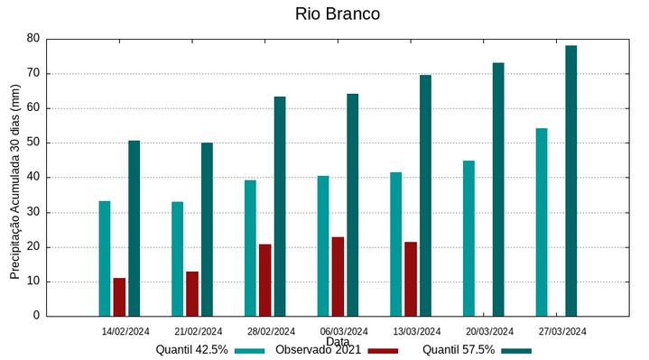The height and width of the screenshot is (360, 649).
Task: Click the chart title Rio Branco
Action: [x=337, y=14]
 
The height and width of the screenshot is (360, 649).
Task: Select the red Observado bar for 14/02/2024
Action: [x=119, y=297]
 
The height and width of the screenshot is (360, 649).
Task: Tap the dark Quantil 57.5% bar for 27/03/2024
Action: [x=570, y=180]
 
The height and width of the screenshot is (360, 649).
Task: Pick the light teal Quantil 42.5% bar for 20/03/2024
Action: [x=468, y=238]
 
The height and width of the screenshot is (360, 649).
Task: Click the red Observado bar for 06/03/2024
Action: [x=338, y=276]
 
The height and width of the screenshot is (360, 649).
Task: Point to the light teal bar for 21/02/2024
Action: [x=178, y=259]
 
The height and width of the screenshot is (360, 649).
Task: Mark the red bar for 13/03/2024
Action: [x=411, y=279]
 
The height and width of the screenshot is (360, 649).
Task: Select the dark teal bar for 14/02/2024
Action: [x=134, y=228]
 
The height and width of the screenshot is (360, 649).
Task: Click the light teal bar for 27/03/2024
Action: [x=542, y=222]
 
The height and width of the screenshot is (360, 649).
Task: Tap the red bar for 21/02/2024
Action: [x=192, y=293]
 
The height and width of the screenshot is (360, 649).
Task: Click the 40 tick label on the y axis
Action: [x=33, y=178]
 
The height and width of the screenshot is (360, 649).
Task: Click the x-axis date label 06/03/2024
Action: [x=344, y=331]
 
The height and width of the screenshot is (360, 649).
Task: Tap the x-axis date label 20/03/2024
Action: [x=489, y=331]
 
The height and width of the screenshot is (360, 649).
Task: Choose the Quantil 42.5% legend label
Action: [x=191, y=350]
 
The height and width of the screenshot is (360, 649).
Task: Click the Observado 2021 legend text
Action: [x=318, y=350]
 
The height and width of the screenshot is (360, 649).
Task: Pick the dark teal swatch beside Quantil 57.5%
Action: [x=516, y=350]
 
